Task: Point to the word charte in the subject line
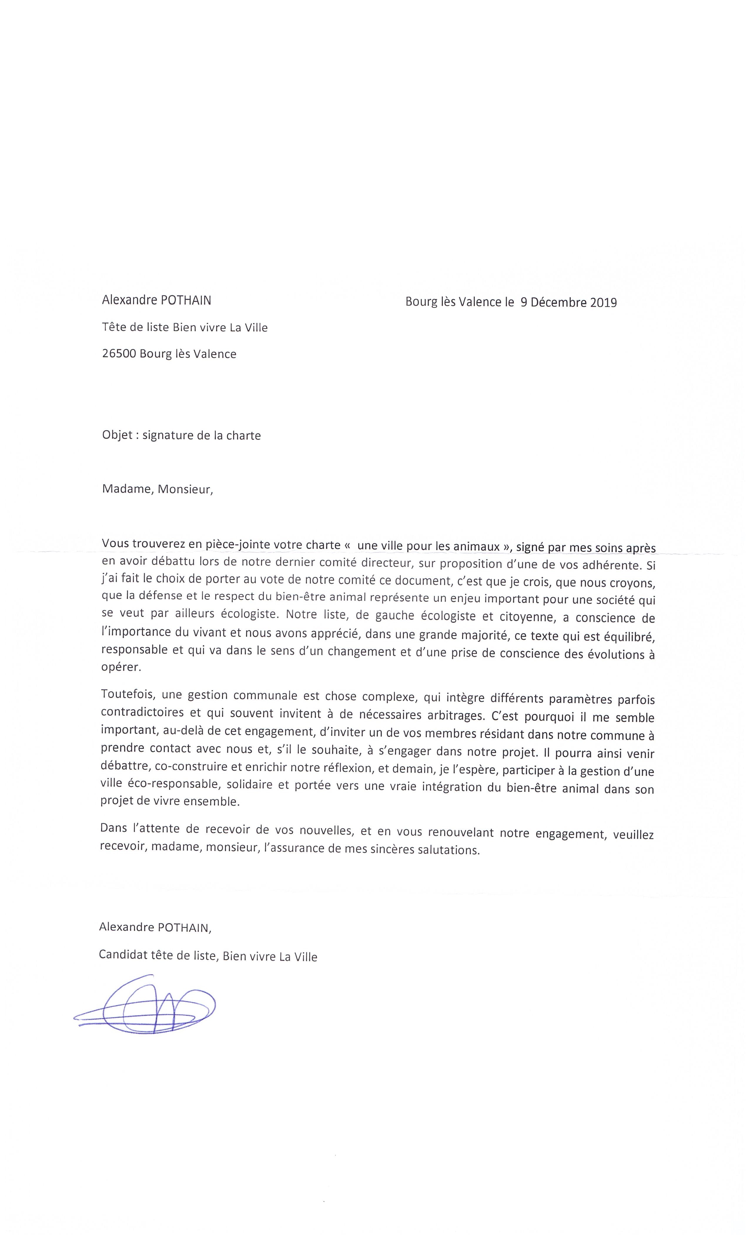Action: pos(244,435)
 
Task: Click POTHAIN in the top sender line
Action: pos(185,300)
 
